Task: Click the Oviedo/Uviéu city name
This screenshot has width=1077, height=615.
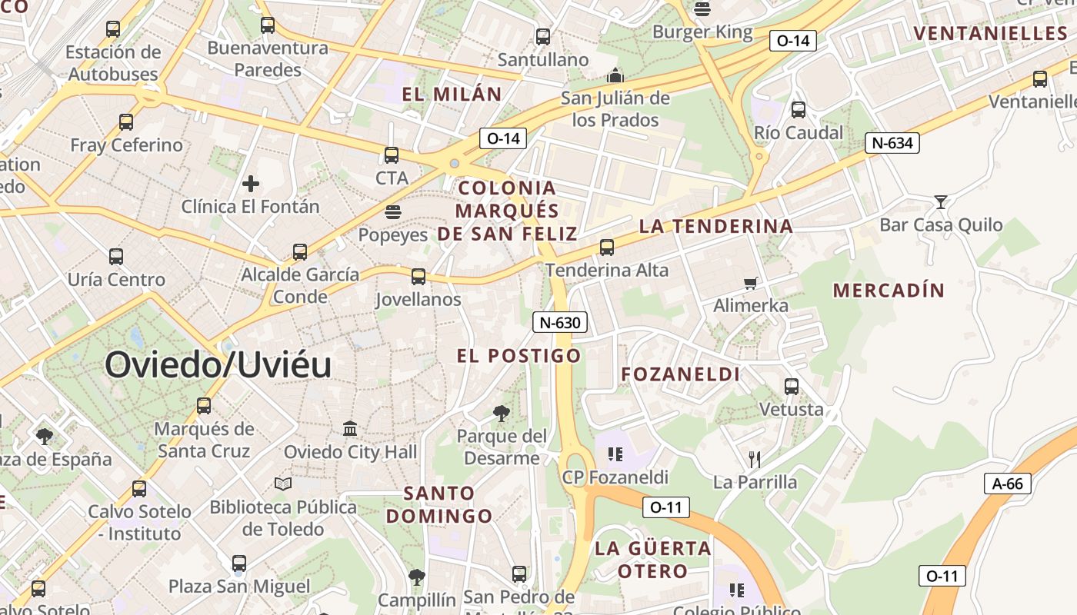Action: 218,364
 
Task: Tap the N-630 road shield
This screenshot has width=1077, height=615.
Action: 560,322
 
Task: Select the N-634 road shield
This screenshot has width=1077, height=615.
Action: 892,143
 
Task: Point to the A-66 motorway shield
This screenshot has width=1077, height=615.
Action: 1007,484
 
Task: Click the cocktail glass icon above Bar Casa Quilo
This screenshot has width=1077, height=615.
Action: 940,202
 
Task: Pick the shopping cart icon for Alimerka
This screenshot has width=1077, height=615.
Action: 751,283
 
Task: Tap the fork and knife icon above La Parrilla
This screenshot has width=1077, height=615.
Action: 755,460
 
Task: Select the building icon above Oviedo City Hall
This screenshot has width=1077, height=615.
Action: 350,428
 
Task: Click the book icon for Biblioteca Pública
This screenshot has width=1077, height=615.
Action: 283,484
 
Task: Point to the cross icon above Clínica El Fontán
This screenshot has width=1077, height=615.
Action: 250,184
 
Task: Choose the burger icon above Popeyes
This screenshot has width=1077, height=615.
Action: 393,212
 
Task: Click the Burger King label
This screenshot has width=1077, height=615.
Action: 702,32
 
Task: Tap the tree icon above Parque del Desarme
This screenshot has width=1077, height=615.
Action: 501,414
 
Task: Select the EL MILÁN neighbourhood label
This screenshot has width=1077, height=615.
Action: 452,95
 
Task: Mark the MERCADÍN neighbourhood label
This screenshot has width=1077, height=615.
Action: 889,290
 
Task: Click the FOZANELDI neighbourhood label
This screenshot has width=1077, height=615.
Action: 681,374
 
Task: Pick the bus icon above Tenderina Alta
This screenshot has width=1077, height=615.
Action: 607,248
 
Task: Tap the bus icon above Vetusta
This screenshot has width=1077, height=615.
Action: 792,386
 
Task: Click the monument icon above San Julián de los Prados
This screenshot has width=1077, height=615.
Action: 615,75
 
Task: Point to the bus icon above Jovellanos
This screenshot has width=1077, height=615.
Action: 418,277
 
